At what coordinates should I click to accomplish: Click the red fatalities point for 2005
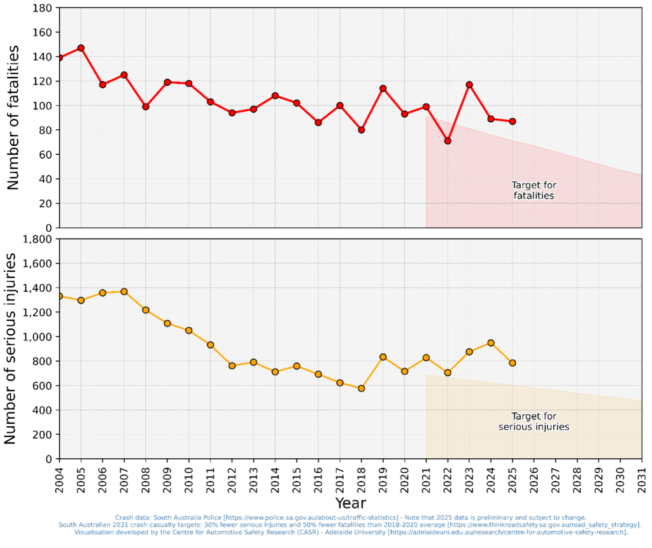(x=81, y=48)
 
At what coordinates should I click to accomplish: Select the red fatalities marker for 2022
(x=448, y=141)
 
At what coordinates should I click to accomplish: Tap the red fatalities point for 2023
(x=469, y=85)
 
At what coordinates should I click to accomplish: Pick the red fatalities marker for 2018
(x=362, y=130)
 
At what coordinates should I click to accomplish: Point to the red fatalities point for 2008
(x=146, y=106)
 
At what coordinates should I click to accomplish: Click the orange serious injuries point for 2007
(x=124, y=292)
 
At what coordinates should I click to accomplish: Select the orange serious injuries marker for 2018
(x=362, y=388)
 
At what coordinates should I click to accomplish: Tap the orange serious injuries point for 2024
(x=491, y=343)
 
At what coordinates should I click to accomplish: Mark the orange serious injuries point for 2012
(x=232, y=365)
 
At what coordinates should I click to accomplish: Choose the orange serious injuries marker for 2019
(x=383, y=357)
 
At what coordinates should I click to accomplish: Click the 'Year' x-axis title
(x=350, y=503)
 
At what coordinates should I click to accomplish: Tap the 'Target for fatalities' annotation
(x=534, y=190)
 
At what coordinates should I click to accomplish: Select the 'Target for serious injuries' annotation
(x=534, y=421)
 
